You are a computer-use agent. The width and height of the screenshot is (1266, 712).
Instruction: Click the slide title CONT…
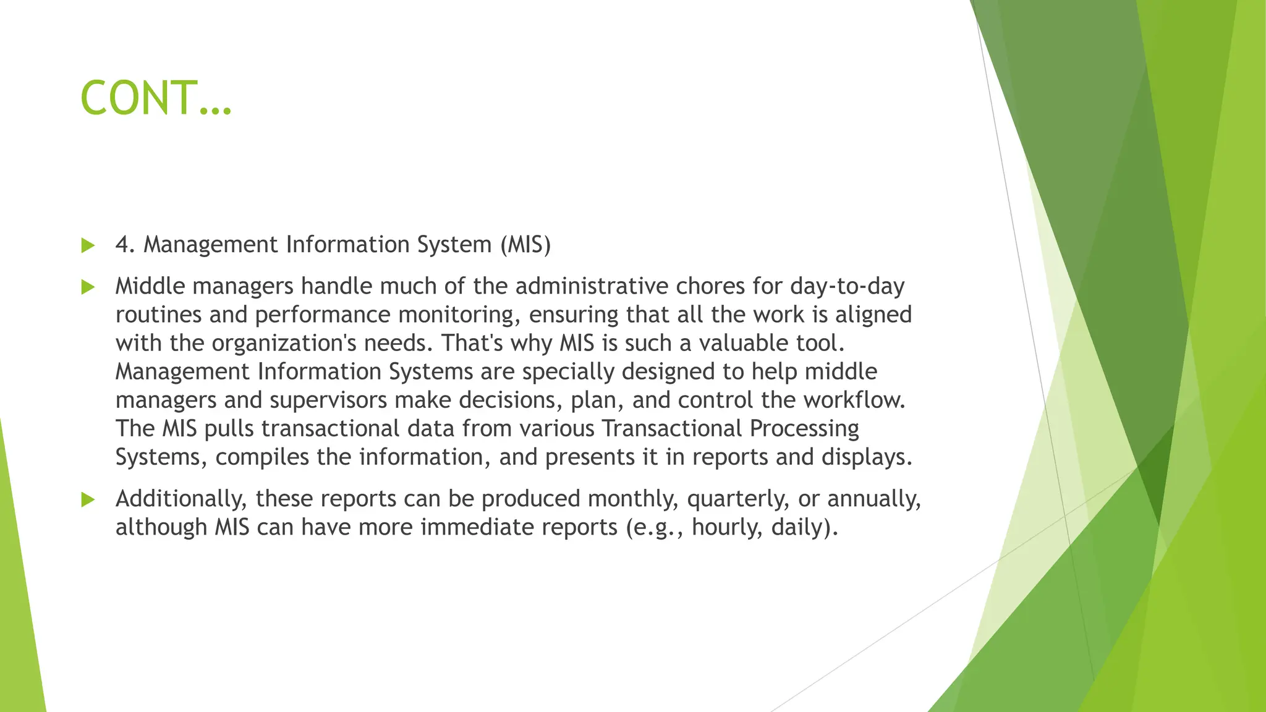click(156, 98)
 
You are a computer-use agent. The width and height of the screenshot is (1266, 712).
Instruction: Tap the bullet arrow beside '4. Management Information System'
click(88, 245)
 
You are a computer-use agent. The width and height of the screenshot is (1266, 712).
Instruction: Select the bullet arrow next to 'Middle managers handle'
click(88, 287)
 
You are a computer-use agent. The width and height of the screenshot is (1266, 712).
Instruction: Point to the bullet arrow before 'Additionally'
click(88, 499)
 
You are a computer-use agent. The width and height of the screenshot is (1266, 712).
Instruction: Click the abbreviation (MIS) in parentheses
click(525, 245)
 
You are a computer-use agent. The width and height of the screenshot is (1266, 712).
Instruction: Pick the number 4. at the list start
click(125, 245)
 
